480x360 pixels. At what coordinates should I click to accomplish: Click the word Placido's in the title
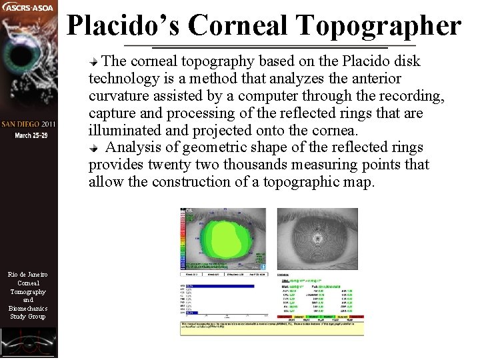click(123, 25)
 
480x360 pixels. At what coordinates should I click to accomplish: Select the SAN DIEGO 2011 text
click(29, 125)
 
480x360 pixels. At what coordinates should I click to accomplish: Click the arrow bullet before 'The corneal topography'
click(95, 62)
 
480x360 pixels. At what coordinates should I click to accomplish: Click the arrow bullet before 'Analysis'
click(95, 148)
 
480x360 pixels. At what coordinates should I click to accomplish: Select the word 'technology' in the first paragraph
click(120, 79)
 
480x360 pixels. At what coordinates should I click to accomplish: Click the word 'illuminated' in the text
click(122, 131)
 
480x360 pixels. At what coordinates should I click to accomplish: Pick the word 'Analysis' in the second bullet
click(133, 147)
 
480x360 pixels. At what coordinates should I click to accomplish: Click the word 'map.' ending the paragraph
click(361, 182)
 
